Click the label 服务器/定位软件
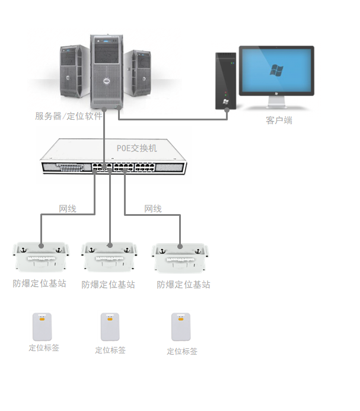click(69, 116)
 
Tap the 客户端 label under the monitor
click(279, 120)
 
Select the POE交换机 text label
click(136, 148)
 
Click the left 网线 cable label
click(68, 209)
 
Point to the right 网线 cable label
click(153, 209)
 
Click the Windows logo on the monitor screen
click(276, 71)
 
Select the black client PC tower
click(226, 81)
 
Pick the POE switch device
click(113, 158)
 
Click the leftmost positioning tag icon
click(42, 327)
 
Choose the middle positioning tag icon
click(110, 327)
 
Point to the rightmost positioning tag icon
click(181, 327)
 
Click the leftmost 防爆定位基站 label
click(39, 283)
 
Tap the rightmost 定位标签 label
click(182, 351)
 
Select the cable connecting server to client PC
click(172, 119)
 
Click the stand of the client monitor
click(276, 102)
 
